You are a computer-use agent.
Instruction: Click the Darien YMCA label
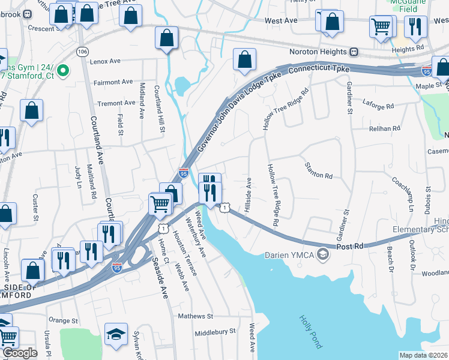point(291,255)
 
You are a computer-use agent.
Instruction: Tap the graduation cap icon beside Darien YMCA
point(324,255)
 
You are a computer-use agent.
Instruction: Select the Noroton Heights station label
point(314,52)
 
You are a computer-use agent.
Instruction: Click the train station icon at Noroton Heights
point(354,52)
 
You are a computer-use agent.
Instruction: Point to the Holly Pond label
point(311,332)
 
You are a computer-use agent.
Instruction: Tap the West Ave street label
point(282,21)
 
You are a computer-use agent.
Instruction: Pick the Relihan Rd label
point(385,128)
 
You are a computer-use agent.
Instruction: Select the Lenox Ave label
point(105,61)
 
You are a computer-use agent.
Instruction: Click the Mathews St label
point(195,316)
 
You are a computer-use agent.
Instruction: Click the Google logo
point(20,353)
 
